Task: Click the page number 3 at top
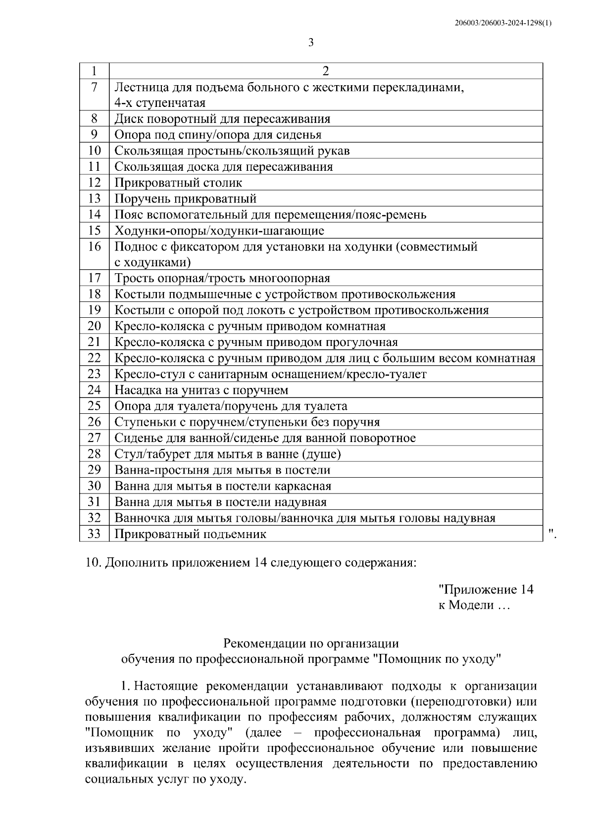coord(311,43)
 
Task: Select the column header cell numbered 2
coord(325,71)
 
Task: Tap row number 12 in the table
coord(94,183)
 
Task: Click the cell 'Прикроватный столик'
coord(178,183)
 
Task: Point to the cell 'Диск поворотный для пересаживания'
coord(222,119)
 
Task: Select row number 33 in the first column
coord(94,534)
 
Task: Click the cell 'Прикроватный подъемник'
coord(191,534)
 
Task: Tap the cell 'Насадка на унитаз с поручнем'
coord(201,390)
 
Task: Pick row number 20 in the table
coord(94,326)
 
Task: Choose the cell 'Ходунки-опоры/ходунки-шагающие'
coord(219,231)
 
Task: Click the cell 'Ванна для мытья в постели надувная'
coord(220,502)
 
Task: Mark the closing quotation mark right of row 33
coord(552,532)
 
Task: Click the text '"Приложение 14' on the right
coord(486,590)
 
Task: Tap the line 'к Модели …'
coord(473,605)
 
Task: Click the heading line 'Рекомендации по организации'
coord(311,643)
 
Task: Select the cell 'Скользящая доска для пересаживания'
coord(223,167)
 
